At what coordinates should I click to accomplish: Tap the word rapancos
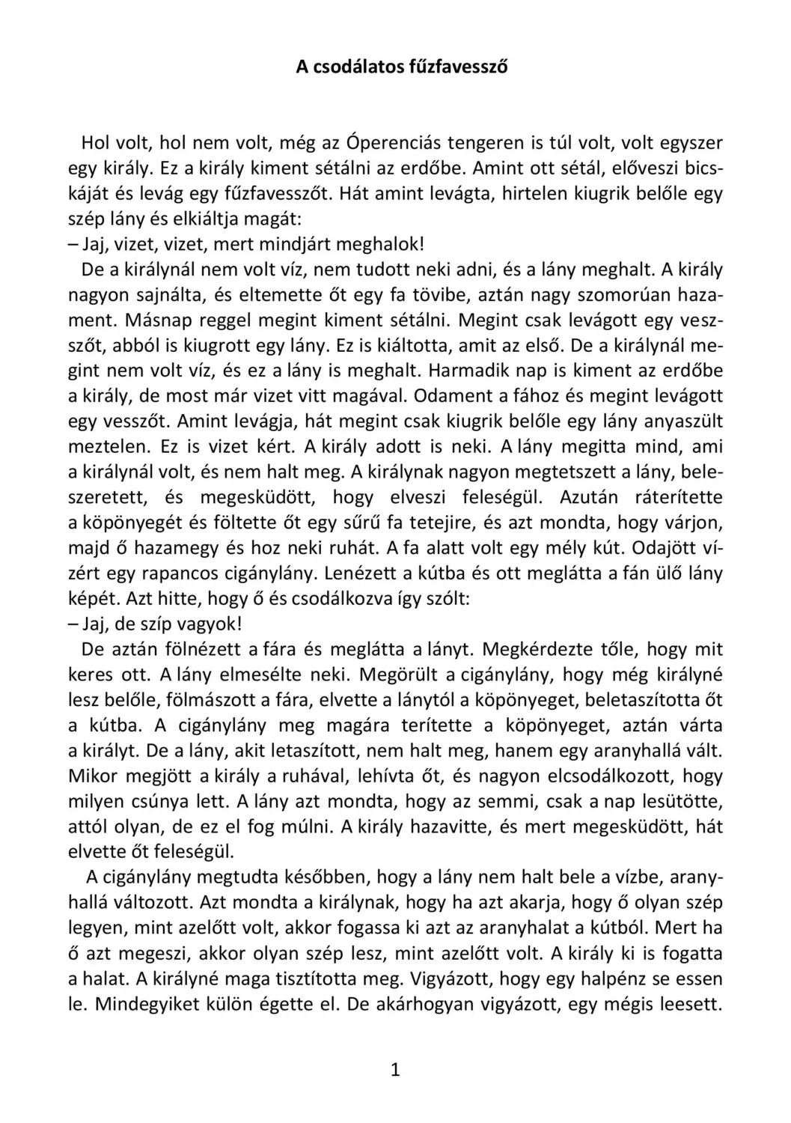tap(184, 574)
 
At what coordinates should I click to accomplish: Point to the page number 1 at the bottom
tap(395, 1071)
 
